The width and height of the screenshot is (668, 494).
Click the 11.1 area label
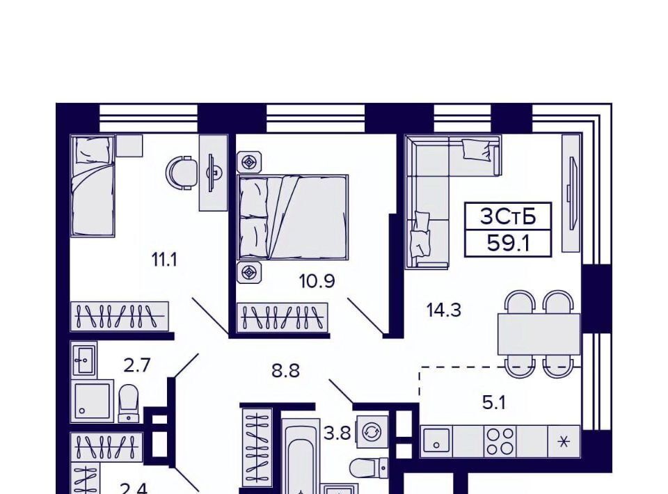pos(164,260)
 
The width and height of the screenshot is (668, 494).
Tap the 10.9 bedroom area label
pos(317,281)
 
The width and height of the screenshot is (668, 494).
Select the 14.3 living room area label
pos(444,310)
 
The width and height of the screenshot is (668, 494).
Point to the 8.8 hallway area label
pos(286,370)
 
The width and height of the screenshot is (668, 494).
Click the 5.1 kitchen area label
pos(494,402)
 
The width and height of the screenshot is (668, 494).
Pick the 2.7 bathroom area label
pos(137,365)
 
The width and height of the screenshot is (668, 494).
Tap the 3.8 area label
pos(337,434)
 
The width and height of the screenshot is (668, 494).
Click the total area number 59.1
pos(508,244)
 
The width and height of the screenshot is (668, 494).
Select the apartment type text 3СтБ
pos(508,217)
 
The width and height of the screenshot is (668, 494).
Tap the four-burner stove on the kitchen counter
pos(500,441)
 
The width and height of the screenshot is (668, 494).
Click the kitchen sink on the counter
pos(437,441)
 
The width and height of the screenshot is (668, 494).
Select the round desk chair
pos(182,173)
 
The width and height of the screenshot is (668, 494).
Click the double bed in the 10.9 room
pos(293,217)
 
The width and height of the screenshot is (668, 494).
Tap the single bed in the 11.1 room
pos(93,186)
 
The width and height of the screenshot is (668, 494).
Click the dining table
pos(539,334)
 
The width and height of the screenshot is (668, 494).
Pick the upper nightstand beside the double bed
pos(249,163)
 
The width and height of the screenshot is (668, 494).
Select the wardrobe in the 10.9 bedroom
pos(283,318)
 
